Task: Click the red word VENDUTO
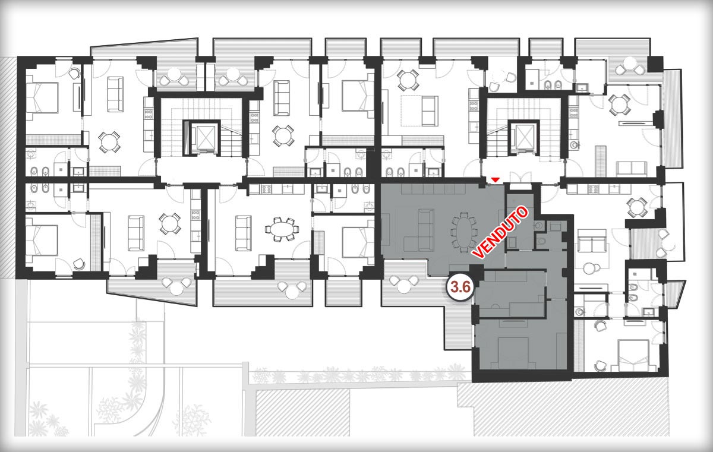tap(500, 232)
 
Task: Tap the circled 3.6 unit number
tap(461, 287)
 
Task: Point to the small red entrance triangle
tap(494, 181)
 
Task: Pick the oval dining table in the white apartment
tap(282, 229)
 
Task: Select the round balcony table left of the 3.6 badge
tap(404, 285)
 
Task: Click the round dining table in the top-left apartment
tap(109, 142)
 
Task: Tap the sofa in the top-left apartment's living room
tap(115, 94)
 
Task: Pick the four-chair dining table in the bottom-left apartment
tap(169, 224)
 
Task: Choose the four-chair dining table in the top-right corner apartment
tap(619, 105)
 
